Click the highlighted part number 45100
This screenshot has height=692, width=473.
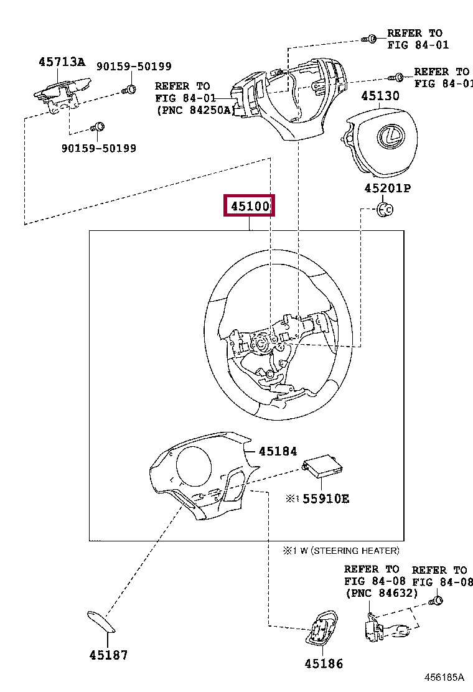tap(249, 206)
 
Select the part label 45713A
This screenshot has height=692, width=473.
tap(62, 62)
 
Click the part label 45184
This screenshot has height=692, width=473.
tap(278, 451)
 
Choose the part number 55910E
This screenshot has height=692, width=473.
tap(325, 498)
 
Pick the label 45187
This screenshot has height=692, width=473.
tap(108, 655)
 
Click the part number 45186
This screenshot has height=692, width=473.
tap(324, 664)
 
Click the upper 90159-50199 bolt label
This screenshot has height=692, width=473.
tap(133, 67)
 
